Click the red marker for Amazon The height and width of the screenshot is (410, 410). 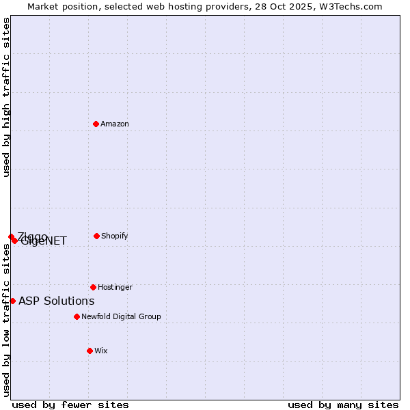pos(96,124)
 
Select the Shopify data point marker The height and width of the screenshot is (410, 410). pos(96,236)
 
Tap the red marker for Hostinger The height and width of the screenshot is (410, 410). pos(93,287)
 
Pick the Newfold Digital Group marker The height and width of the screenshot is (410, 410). pos(77,316)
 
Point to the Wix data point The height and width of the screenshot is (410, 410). pos(90,351)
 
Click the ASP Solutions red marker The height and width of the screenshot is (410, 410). pos(12,301)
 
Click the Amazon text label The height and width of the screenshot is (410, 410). pos(115,124)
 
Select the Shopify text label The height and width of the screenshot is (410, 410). pos(115,236)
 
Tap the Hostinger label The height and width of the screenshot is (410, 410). pos(115,287)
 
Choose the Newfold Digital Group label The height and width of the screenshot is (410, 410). pos(121,316)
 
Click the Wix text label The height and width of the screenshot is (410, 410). pos(101,351)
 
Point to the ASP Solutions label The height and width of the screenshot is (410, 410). pos(57,301)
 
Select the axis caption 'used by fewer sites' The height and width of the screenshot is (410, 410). pos(70,405)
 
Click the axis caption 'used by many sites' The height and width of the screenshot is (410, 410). pos(343,405)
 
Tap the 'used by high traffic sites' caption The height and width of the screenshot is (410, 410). pos(7,97)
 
